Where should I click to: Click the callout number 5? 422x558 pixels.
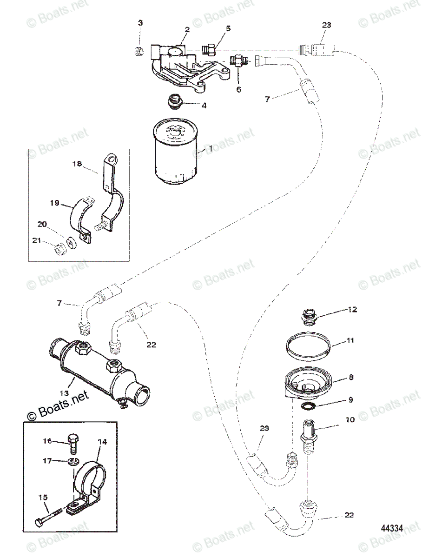click(228, 29)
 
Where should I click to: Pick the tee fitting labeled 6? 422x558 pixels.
click(237, 61)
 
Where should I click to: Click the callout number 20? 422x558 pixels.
click(42, 224)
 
